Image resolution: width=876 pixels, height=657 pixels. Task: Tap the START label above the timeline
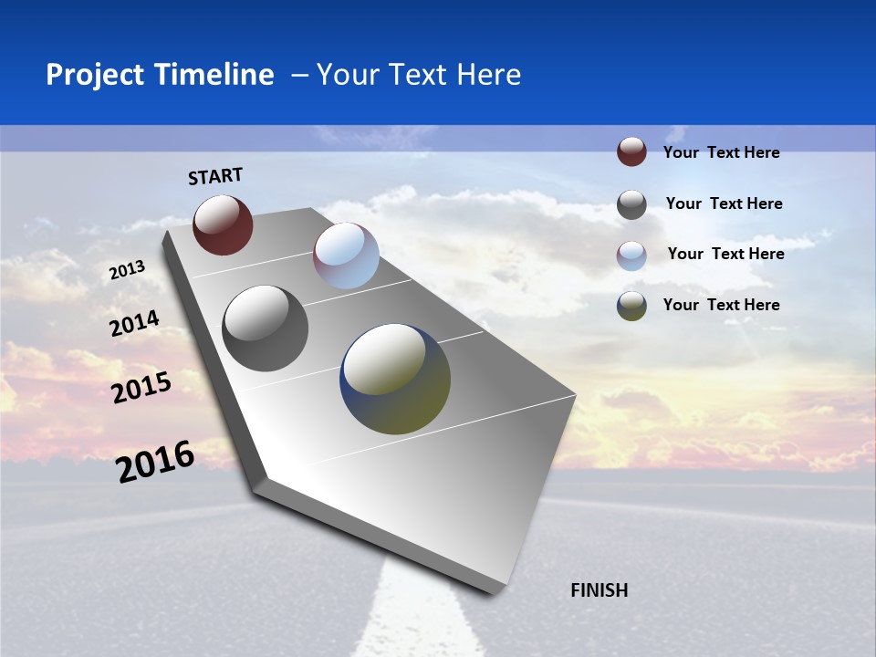(215, 176)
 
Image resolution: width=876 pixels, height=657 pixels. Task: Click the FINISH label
(600, 590)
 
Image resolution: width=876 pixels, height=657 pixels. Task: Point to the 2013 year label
(128, 270)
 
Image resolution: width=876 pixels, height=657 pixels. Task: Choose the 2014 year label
(135, 324)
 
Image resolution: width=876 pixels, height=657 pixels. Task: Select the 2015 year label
(141, 388)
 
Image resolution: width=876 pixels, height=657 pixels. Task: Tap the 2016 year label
(155, 461)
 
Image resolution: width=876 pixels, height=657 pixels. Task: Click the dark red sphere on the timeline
(223, 224)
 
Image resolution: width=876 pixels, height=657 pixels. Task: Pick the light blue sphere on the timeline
(346, 255)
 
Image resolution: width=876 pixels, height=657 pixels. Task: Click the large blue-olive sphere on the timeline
(395, 379)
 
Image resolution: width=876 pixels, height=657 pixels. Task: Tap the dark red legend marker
(631, 151)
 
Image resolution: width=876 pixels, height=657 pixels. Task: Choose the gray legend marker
(631, 204)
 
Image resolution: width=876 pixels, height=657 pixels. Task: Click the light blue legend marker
(631, 255)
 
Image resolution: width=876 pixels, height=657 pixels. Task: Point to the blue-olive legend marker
(631, 306)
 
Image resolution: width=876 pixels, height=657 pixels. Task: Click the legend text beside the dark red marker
(721, 153)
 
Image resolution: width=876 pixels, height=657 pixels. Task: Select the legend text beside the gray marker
(724, 203)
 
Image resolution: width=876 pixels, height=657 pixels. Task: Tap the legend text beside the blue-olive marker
(721, 305)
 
